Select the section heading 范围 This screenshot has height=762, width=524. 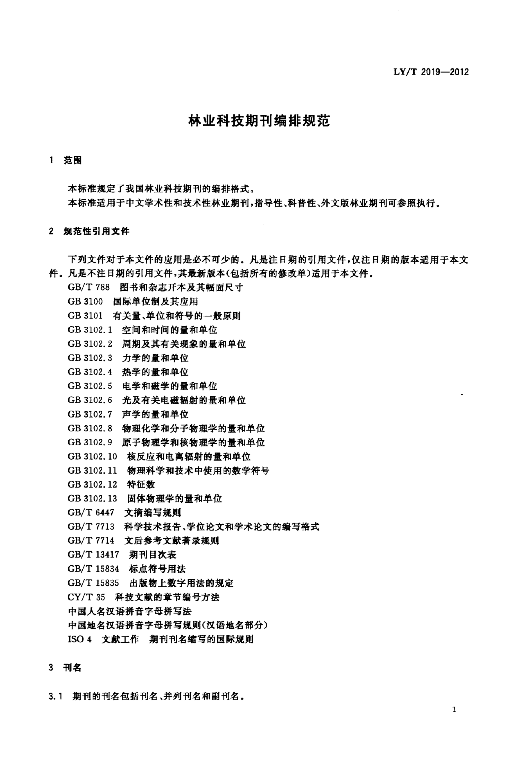pos(73,161)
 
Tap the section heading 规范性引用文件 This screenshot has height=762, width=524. pos(97,232)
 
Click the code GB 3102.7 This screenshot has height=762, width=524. pos(90,414)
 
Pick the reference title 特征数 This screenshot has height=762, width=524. pos(141,485)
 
